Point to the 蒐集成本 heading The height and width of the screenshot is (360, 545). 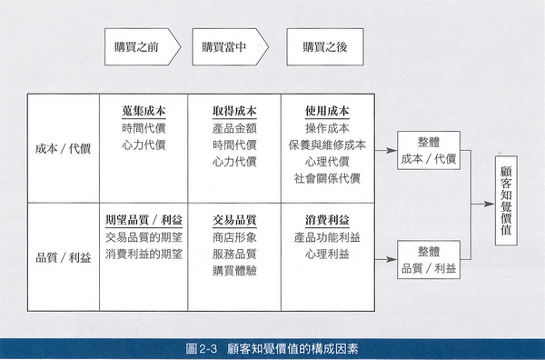tap(144, 110)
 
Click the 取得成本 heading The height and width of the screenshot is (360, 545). tap(234, 110)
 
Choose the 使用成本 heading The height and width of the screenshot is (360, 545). tap(327, 110)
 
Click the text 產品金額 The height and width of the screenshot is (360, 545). tap(234, 127)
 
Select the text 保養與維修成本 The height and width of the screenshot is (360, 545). tap(327, 145)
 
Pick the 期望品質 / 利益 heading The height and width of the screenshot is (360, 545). tap(144, 220)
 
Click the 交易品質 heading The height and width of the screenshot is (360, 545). tap(234, 220)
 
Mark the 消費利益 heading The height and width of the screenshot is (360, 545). tap(327, 220)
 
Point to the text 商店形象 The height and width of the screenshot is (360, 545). tap(234, 237)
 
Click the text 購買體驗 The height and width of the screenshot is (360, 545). tap(234, 272)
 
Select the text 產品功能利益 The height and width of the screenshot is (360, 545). tap(327, 237)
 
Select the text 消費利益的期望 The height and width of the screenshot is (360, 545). tap(144, 255)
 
